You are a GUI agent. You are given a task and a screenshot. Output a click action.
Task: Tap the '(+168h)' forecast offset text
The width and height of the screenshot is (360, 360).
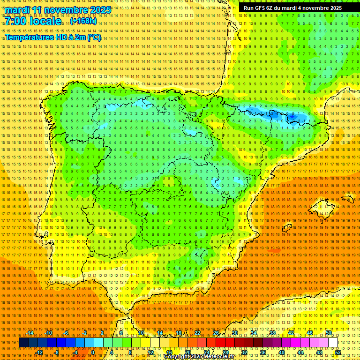tap(83, 21)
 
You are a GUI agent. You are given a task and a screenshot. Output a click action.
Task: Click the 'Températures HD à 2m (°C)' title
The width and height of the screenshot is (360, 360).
tap(52, 37)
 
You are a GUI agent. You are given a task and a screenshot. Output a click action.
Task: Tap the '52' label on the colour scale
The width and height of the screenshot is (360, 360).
tap(337, 352)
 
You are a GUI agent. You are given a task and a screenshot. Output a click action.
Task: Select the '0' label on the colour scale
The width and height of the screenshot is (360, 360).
tap(93, 352)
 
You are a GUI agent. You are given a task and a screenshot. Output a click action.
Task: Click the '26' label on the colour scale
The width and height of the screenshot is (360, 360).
tap(216, 333)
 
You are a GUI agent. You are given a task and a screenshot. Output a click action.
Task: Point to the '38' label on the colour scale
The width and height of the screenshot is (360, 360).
tap(272, 333)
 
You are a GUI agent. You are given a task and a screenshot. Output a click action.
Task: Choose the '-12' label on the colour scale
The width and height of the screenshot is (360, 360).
tap(39, 352)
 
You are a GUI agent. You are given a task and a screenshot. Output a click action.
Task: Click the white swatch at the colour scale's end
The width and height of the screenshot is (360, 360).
tap(333, 343)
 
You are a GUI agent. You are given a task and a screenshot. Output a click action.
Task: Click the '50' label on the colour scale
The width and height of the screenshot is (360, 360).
tap(328, 333)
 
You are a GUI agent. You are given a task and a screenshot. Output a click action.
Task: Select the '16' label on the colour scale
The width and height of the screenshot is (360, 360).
tap(169, 352)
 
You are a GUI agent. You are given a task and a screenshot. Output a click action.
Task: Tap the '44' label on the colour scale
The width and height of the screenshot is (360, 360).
tap(300, 352)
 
